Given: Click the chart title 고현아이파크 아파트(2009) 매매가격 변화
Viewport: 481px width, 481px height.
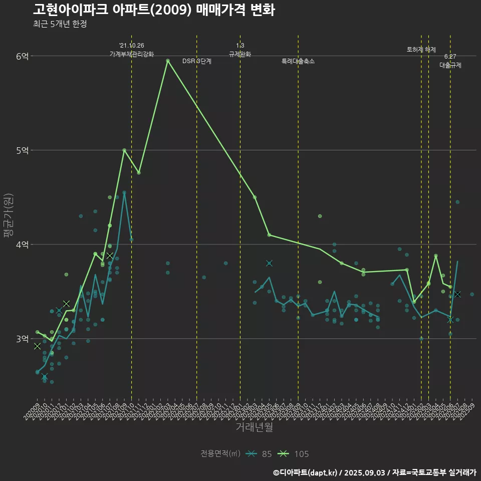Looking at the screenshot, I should [154, 11].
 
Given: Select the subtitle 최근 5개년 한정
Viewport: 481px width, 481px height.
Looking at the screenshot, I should [60, 24].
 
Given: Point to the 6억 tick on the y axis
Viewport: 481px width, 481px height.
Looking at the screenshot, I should [22, 56].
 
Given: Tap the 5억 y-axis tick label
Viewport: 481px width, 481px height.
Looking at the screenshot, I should [22, 150].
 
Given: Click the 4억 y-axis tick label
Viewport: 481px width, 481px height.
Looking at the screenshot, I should [22, 245].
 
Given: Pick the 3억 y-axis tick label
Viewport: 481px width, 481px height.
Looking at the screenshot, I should [22, 339].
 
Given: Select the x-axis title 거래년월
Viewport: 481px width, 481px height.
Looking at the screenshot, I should [255, 427].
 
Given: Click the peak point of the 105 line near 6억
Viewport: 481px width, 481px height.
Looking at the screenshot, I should [168, 61].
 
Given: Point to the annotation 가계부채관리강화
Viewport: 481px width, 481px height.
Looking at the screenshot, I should [132, 54].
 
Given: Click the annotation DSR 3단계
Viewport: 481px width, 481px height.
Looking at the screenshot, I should [197, 61].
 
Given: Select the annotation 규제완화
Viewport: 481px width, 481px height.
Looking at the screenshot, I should [240, 54].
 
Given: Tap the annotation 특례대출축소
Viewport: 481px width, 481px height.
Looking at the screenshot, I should [298, 61].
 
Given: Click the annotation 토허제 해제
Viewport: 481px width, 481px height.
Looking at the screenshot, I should [421, 50].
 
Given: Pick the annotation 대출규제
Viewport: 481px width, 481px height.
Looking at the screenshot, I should [450, 65].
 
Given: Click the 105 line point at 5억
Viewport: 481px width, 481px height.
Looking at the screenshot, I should [124, 150].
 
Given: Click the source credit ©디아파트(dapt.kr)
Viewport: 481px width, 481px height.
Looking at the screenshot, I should [308, 472].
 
